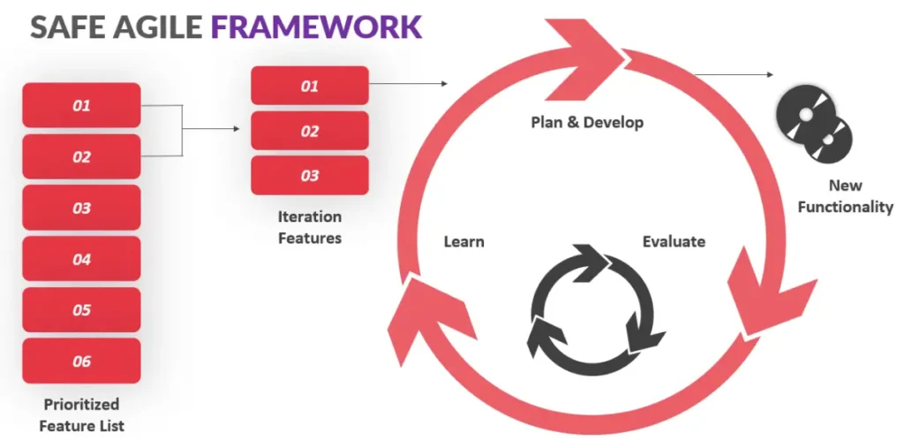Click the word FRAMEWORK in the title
tap(316, 27)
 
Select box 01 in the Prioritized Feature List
tap(81, 106)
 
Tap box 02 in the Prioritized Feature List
tap(81, 157)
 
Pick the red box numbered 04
tap(81, 260)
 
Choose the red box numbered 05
tap(81, 310)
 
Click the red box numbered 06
tap(81, 361)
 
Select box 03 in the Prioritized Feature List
tap(81, 209)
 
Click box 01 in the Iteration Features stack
tap(309, 86)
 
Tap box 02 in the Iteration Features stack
tap(309, 131)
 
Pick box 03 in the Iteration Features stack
tap(309, 176)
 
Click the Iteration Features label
tap(309, 227)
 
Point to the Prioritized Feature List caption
tap(81, 414)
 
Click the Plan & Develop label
tap(587, 122)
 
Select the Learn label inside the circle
tap(463, 241)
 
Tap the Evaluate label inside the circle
tap(674, 241)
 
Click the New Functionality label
tap(845, 196)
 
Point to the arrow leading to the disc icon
tap(733, 74)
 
